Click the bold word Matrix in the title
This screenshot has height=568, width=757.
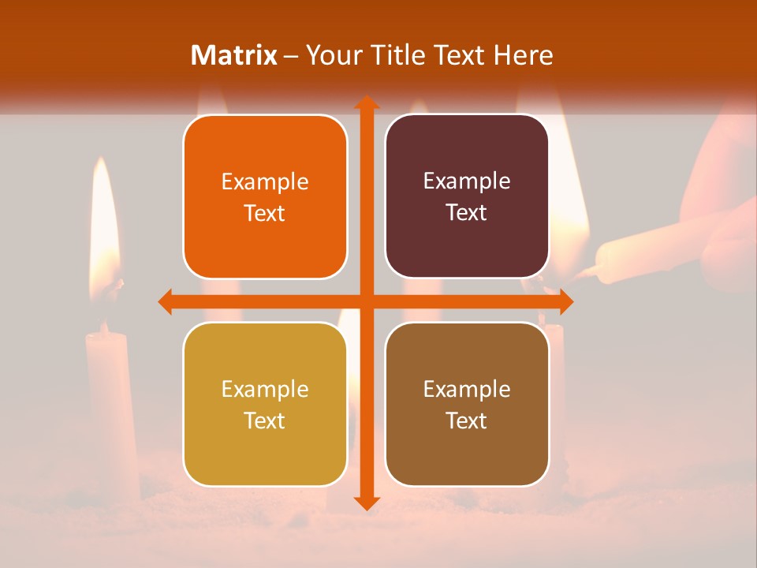pyautogui.click(x=234, y=55)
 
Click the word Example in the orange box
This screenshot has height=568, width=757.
pyautogui.click(x=265, y=182)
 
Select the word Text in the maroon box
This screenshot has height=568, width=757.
pyautogui.click(x=467, y=213)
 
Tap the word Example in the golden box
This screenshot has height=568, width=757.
pyautogui.click(x=265, y=390)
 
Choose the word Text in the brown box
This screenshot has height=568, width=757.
pyautogui.click(x=467, y=420)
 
